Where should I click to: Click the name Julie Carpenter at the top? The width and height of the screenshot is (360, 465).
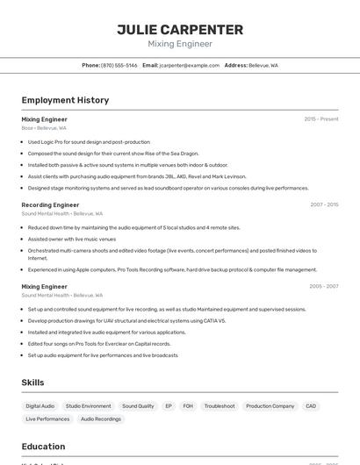(x=180, y=29)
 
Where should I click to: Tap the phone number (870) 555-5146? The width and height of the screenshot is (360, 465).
(x=119, y=65)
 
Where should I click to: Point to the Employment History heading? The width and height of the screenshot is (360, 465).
(x=65, y=100)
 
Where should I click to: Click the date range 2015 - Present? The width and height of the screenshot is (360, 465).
(x=320, y=118)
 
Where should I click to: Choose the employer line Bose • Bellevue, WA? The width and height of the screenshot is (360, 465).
(x=44, y=128)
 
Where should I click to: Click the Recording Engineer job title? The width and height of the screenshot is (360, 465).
(x=50, y=204)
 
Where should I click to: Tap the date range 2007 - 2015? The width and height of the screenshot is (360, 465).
(x=324, y=204)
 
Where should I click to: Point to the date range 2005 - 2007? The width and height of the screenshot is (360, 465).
(x=324, y=286)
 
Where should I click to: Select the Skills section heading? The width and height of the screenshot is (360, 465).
(x=32, y=383)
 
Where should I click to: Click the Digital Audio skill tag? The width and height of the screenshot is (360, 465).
(x=40, y=406)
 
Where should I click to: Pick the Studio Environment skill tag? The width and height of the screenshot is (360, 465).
(x=88, y=406)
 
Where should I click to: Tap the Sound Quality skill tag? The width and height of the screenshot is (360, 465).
(x=138, y=406)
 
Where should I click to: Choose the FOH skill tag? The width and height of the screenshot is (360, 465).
(x=188, y=406)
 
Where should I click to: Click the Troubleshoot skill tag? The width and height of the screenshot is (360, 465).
(x=220, y=406)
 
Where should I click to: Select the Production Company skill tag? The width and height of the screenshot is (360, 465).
(x=270, y=406)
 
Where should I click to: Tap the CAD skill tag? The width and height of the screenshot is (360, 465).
(x=311, y=406)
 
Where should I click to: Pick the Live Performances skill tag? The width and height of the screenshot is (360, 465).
(x=47, y=419)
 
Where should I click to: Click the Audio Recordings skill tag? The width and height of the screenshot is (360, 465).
(x=101, y=419)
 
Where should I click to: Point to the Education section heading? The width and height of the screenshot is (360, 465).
(x=43, y=447)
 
